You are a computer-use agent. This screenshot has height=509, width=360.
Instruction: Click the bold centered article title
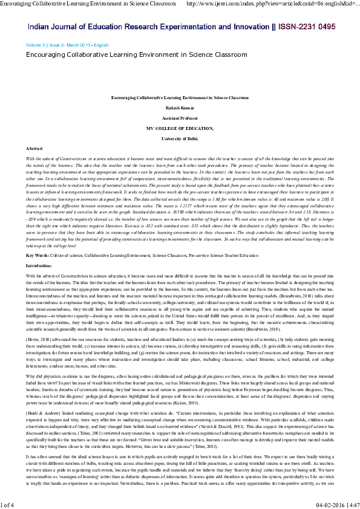click(x=180, y=97)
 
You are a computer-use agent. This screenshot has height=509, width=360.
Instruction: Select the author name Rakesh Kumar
click(x=180, y=108)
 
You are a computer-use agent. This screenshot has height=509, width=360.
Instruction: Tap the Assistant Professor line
click(x=180, y=118)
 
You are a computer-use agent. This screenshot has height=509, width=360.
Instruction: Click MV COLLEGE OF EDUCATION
click(x=180, y=128)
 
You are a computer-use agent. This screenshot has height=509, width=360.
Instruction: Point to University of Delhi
click(x=180, y=138)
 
